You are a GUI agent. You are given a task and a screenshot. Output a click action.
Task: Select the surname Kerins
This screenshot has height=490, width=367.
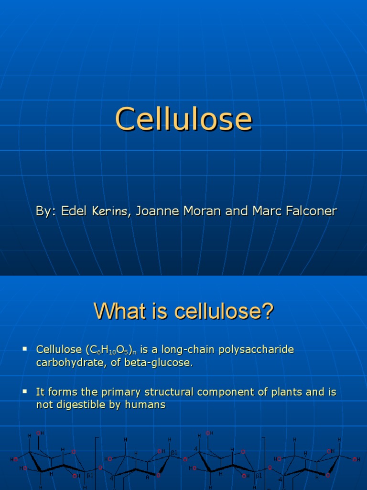pos(109,211)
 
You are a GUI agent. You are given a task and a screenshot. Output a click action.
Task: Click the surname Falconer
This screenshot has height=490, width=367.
pos(310,211)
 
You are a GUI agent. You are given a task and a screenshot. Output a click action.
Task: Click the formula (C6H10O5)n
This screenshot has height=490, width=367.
pos(110,350)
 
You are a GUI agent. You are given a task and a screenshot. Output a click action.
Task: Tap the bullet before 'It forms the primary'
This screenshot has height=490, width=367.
pos(25,391)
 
